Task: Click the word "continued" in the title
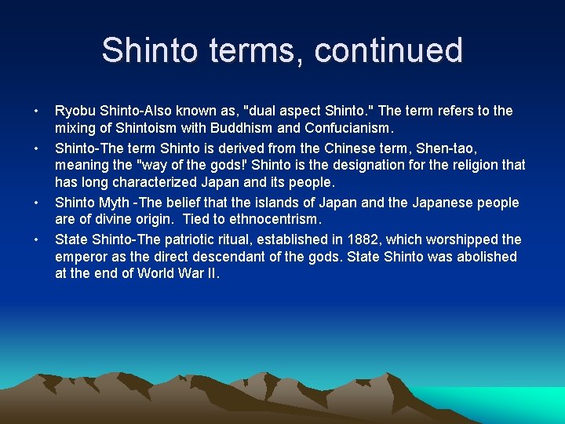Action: [x=389, y=50]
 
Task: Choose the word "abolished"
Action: [x=483, y=257]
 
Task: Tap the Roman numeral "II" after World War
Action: [x=213, y=274]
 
